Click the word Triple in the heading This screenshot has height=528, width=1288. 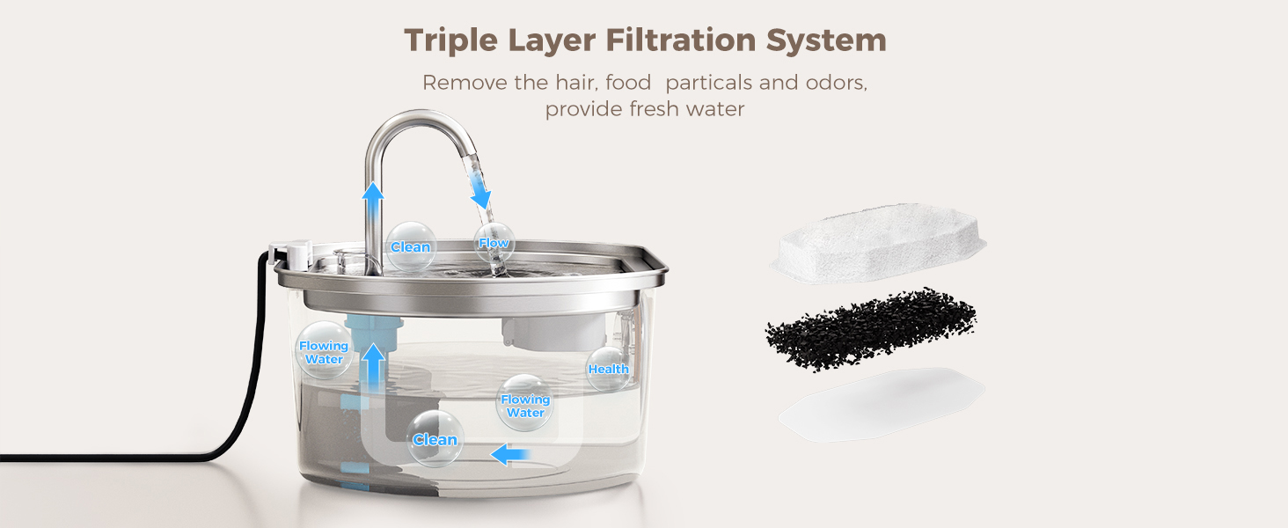(450, 40)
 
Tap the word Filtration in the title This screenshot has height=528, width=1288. (680, 40)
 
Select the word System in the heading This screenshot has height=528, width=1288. (826, 40)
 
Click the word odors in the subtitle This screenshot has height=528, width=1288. (837, 83)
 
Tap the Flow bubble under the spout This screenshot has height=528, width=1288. (494, 243)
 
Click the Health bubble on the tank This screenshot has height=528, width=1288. (608, 369)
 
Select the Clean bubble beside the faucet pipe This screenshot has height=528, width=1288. (411, 246)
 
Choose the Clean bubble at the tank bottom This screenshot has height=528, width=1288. (435, 439)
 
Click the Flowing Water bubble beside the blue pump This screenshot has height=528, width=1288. (324, 351)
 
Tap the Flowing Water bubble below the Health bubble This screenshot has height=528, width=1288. (525, 405)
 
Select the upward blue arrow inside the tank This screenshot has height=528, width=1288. (374, 369)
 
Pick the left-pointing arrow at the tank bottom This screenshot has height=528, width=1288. (510, 454)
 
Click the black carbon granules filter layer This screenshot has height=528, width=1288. (871, 330)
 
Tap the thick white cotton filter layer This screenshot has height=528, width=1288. (878, 244)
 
